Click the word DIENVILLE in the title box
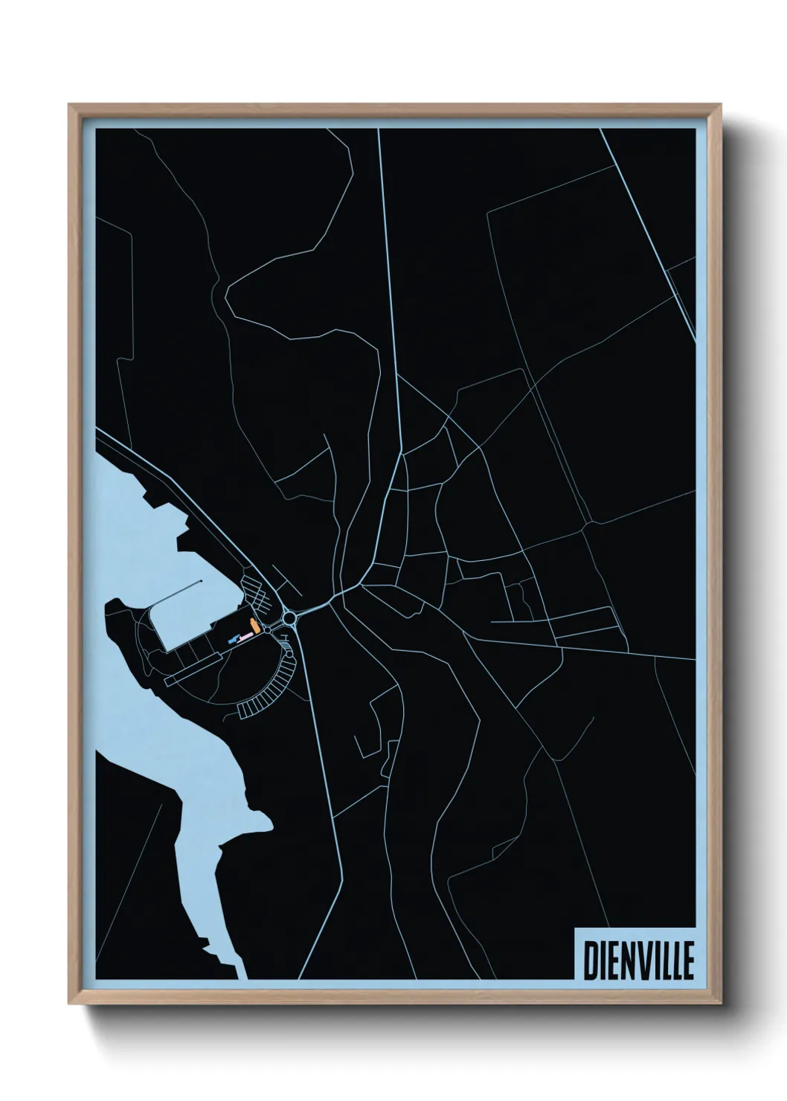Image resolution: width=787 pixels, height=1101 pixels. pos(638,960)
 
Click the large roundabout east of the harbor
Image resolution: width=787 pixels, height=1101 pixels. pos(289,617)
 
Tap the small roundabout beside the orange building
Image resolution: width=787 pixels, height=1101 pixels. pos(266,629)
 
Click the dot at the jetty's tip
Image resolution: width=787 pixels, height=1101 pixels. pos(201,582)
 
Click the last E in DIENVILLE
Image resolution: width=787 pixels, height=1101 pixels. pos(687,960)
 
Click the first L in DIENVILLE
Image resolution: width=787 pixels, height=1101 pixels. pos(664,960)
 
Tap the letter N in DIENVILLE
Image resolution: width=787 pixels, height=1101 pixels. pos(626,960)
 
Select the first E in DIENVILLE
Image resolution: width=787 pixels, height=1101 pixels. pos(613,960)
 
